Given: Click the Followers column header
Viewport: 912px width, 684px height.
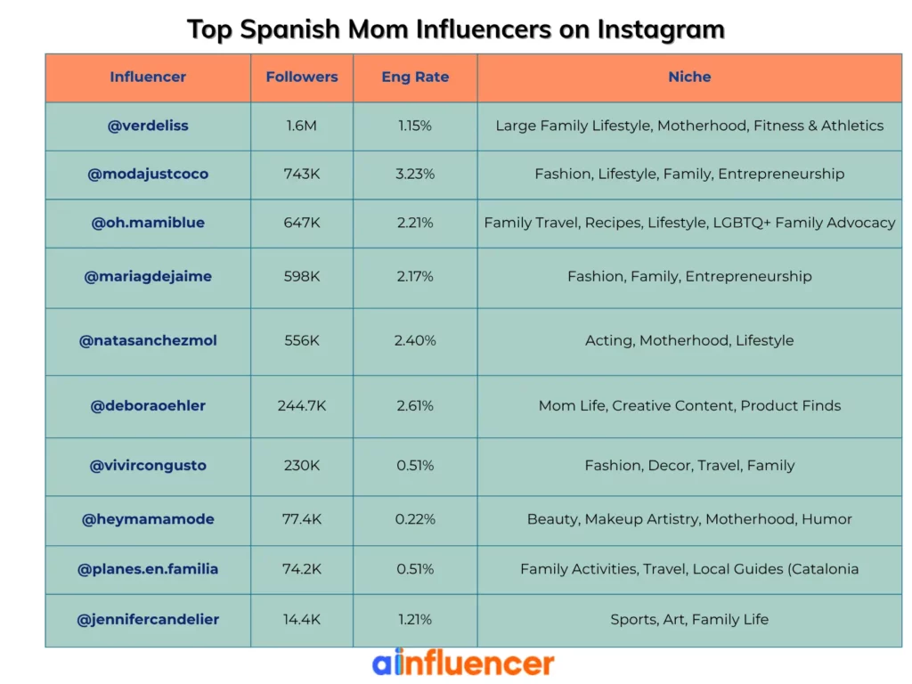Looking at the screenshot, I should click(302, 77).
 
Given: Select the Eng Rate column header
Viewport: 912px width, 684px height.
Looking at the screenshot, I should click(415, 77).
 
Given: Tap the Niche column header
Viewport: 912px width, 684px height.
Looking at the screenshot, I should click(689, 77).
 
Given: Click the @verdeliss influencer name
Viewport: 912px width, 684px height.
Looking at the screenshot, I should click(148, 126).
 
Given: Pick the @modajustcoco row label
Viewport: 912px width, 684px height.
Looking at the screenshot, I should click(148, 174).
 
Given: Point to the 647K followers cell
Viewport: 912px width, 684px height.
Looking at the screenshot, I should click(302, 223).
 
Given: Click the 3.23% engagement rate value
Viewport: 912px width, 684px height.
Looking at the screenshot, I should click(415, 174).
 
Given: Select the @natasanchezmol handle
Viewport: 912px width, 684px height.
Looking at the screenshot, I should click(148, 340).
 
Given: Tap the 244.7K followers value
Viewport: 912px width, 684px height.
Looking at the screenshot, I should click(302, 405).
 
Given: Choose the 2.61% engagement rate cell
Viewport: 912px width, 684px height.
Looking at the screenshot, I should click(415, 405).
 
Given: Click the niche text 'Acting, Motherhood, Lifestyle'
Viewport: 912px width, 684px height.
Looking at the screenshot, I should click(689, 340).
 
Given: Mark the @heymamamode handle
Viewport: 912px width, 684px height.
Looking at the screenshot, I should click(148, 519).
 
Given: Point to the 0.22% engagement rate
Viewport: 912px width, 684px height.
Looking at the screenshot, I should click(415, 519).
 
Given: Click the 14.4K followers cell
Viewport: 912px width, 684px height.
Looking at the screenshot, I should click(302, 619).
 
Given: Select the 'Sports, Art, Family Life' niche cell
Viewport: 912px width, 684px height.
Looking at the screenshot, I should click(689, 619).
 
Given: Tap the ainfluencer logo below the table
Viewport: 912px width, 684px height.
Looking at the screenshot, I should click(463, 664).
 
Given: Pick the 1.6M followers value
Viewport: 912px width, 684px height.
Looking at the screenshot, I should click(302, 126).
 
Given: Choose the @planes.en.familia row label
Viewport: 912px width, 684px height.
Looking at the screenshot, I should click(148, 569).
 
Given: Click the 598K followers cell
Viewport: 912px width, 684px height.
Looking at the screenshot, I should click(302, 276).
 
